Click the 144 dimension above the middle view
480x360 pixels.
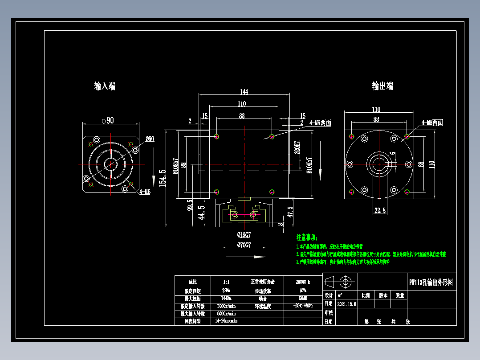point(244,92)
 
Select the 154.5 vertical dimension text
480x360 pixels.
point(163,177)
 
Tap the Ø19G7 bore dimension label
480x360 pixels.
point(244,234)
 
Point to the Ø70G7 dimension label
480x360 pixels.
point(244,245)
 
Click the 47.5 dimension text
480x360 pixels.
point(290,211)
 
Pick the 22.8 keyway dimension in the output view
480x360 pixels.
point(380,210)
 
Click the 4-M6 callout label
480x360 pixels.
point(145,192)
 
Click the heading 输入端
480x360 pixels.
point(105,86)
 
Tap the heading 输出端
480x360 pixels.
point(382,86)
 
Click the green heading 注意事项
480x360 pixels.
point(307,237)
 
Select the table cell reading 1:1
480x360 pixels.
point(226,282)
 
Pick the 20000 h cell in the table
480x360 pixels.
point(302,282)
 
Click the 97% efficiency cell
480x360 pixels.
point(302,290)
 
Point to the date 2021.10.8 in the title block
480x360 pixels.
point(347,304)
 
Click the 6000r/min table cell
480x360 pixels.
point(226,313)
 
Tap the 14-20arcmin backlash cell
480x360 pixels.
point(226,321)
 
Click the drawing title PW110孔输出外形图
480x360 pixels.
point(431,282)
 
